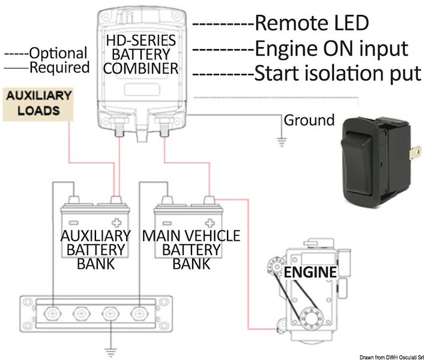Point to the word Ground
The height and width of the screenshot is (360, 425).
[309, 121]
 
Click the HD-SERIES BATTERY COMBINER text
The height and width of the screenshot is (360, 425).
[141, 55]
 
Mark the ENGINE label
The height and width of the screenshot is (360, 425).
[310, 272]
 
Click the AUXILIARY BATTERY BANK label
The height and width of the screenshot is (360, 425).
[96, 249]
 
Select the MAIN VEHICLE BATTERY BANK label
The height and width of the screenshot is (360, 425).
[191, 249]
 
